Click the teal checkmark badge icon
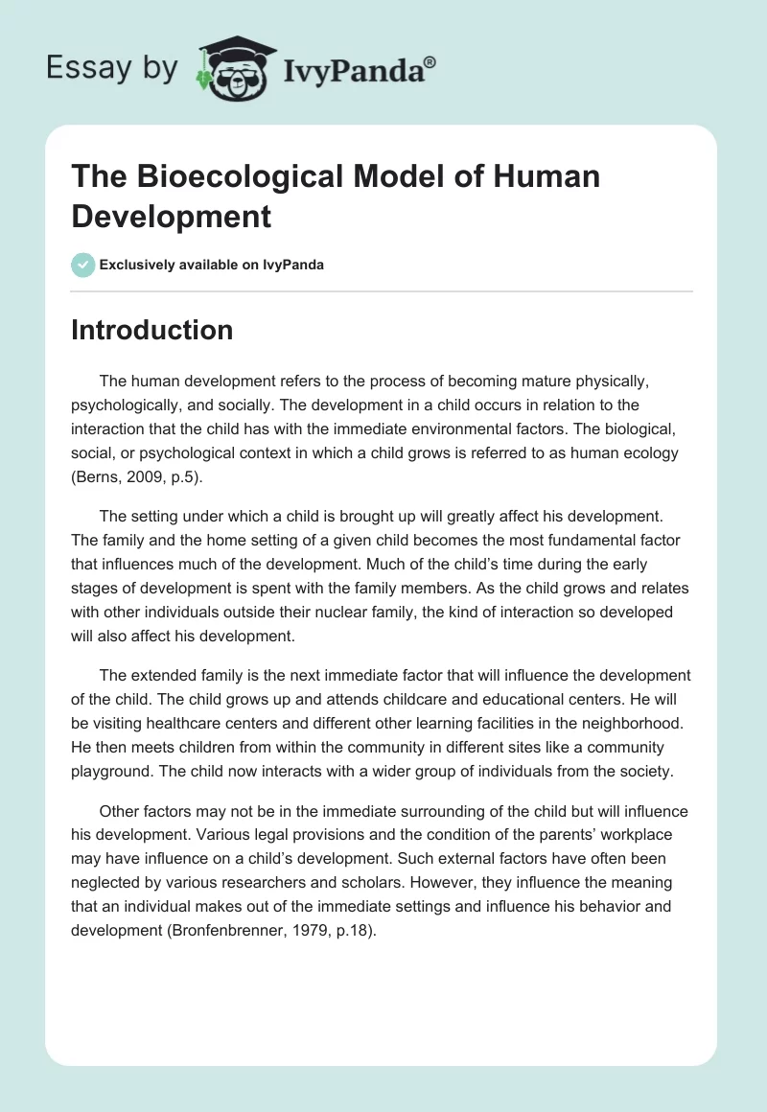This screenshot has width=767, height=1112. click(83, 265)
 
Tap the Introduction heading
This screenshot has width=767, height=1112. click(152, 330)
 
